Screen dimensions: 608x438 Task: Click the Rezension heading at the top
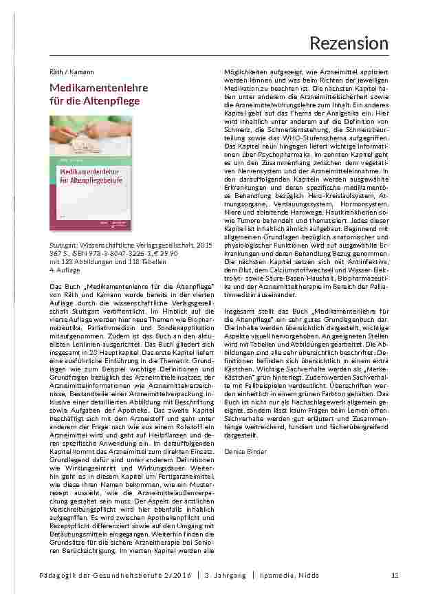point(349,43)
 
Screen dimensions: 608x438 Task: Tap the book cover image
point(91,174)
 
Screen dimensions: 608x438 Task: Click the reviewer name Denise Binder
point(246,450)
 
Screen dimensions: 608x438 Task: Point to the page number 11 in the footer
point(395,575)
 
